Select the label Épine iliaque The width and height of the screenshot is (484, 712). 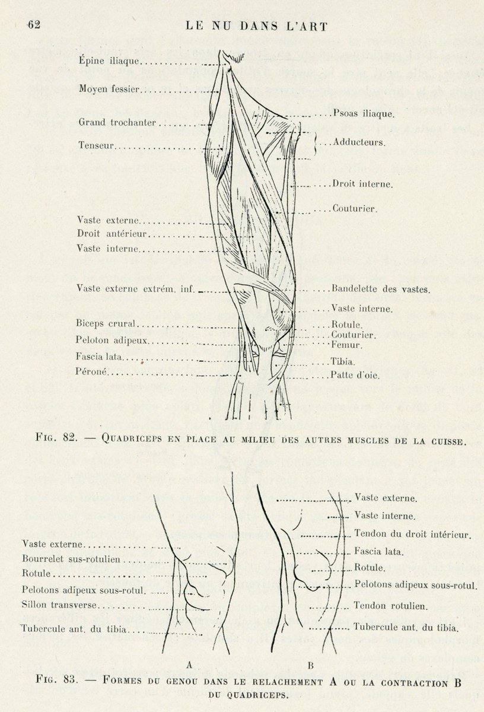click(x=109, y=61)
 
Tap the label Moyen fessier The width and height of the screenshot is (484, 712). click(x=109, y=90)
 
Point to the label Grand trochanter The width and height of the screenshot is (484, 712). click(x=117, y=123)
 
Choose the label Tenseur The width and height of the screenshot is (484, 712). click(x=96, y=145)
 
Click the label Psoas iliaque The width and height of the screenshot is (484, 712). click(x=361, y=112)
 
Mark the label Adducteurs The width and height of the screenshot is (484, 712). click(x=359, y=142)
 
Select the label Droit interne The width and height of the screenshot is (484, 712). click(x=362, y=185)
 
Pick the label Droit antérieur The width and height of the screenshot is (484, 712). click(x=112, y=234)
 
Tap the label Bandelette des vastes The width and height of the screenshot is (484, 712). click(x=381, y=290)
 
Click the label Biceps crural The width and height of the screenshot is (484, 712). click(x=106, y=324)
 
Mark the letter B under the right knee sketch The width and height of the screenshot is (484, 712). click(x=310, y=665)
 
